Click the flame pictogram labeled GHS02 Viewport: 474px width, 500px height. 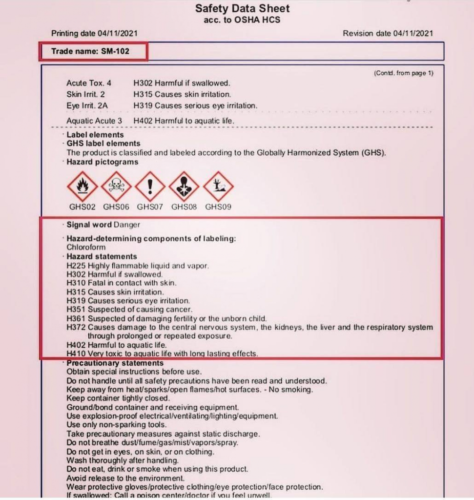click(x=82, y=186)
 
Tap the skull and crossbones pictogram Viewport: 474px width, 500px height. click(x=116, y=186)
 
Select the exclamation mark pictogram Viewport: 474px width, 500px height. click(x=150, y=186)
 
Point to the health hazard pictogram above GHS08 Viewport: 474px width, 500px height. click(x=184, y=186)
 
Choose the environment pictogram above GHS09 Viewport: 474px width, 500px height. click(x=218, y=186)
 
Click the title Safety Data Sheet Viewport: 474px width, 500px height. click(x=242, y=9)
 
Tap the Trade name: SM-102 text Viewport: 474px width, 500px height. click(x=90, y=51)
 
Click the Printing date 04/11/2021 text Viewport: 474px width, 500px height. click(x=94, y=33)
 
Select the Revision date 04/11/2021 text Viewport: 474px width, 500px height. click(x=388, y=33)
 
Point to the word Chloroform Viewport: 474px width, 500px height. click(x=86, y=248)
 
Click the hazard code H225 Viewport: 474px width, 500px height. click(x=76, y=266)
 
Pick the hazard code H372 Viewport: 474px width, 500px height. click(x=76, y=327)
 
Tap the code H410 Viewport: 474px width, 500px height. click(x=76, y=354)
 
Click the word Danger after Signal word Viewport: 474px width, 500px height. click(x=126, y=225)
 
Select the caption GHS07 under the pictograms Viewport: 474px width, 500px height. click(x=150, y=207)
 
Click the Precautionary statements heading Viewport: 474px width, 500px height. click(x=115, y=363)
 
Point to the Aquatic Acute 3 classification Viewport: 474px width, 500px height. click(x=94, y=121)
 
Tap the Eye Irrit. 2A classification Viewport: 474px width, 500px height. click(x=88, y=105)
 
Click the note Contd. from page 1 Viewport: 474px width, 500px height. click(x=403, y=73)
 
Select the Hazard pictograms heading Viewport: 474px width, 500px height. click(x=103, y=162)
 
